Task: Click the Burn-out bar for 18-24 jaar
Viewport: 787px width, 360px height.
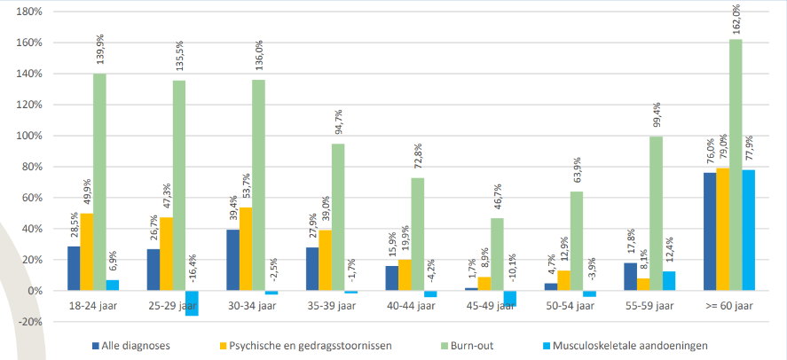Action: (x=99, y=182)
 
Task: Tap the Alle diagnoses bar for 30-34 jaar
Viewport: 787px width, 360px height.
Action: (x=232, y=260)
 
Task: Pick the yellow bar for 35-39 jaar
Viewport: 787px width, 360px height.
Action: (x=326, y=261)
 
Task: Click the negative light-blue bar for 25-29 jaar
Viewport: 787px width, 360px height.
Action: (x=192, y=302)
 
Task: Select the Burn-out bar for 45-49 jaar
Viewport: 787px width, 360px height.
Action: (x=497, y=254)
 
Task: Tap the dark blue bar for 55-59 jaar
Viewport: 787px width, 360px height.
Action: (x=630, y=277)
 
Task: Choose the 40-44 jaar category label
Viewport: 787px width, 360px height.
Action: (x=412, y=307)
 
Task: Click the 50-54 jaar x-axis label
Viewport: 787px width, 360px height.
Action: (x=571, y=307)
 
